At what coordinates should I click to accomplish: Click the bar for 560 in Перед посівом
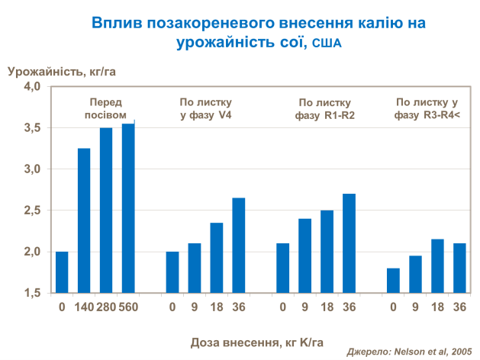[x=128, y=207]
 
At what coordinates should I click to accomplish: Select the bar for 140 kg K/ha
[x=84, y=220]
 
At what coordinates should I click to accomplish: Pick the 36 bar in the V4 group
[x=239, y=245]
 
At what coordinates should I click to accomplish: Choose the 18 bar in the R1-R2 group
[x=327, y=251]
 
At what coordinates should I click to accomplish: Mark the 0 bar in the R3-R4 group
[x=393, y=280]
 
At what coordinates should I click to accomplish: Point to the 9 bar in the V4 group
[x=195, y=268]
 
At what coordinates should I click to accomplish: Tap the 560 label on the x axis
[x=128, y=307]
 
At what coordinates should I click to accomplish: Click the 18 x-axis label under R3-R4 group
[x=437, y=307]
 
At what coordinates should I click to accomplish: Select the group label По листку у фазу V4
[x=205, y=108]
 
